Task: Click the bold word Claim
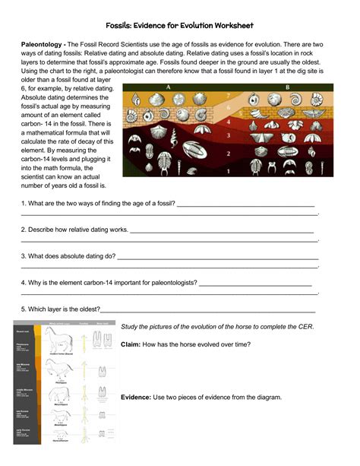tap(131, 344)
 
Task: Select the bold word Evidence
tap(136, 397)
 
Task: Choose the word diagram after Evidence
tap(267, 397)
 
